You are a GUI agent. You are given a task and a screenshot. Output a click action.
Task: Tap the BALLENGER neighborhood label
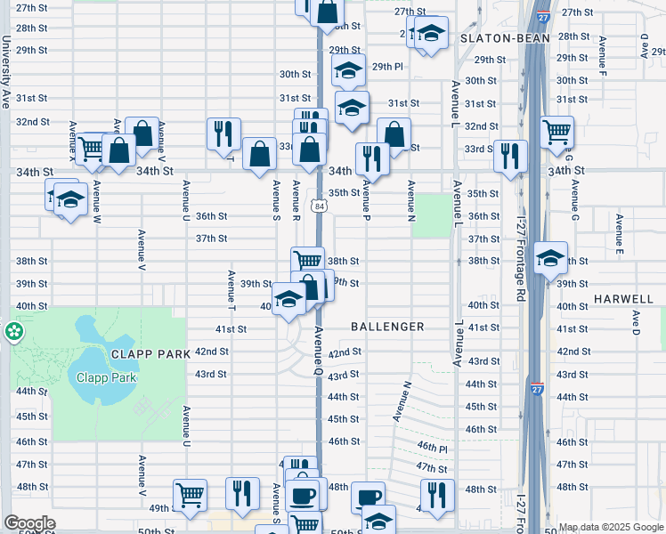pos(387,327)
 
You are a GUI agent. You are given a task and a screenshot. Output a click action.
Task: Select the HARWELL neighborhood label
pos(624,298)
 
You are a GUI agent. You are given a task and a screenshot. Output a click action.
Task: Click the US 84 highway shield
pos(319,206)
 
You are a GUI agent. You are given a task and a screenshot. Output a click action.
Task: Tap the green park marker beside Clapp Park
pos(13,332)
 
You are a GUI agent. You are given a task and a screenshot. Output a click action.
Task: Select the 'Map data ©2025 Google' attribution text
pos(610,528)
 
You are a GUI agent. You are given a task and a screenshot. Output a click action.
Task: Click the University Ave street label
pos(5,72)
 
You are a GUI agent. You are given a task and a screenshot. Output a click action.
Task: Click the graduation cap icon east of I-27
pos(551,258)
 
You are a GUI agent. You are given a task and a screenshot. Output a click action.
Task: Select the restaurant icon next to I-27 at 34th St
pos(510,155)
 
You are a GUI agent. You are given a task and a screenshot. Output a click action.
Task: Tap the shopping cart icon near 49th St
pos(191,495)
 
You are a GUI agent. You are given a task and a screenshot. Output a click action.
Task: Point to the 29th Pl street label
pos(387,67)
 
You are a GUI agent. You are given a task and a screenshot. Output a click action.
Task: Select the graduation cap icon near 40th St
pos(288,300)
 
